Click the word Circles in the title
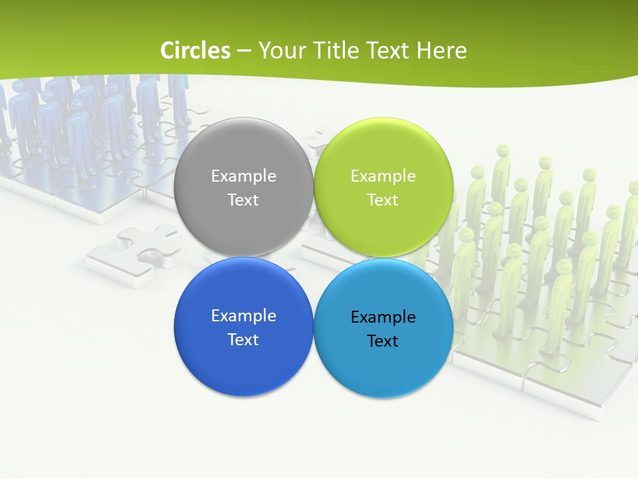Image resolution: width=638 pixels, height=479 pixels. (195, 51)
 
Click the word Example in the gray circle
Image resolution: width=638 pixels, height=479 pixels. (243, 176)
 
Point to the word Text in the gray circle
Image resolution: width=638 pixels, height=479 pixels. (243, 200)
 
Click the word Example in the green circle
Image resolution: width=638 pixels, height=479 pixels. (383, 176)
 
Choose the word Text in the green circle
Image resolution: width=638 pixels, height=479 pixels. (383, 200)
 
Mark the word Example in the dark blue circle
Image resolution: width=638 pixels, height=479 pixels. (243, 315)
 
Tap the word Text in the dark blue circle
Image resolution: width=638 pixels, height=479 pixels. (243, 339)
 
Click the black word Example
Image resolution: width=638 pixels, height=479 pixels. (383, 317)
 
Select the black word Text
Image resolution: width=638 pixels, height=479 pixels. (383, 341)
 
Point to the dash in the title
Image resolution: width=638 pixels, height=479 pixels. (243, 51)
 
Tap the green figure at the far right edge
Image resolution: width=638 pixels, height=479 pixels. (629, 220)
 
